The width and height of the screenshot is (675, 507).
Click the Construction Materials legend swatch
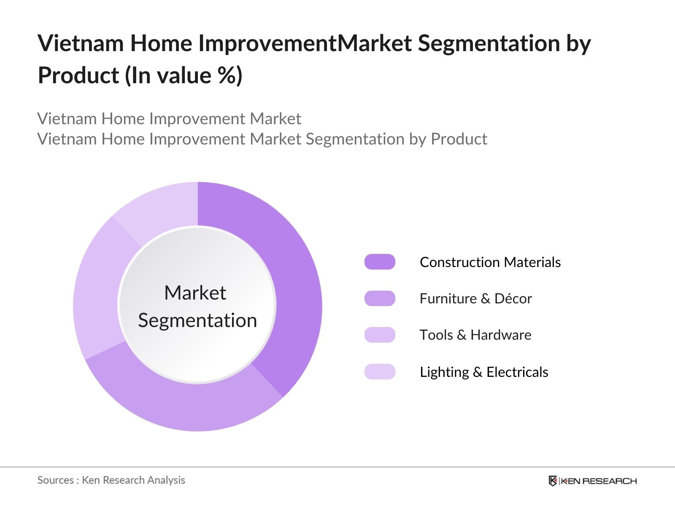[380, 262]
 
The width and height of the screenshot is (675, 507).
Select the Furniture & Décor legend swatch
[380, 298]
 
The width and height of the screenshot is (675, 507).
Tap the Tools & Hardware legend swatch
[380, 335]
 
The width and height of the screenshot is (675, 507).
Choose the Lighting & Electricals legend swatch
[380, 372]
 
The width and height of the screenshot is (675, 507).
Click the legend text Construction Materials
[490, 262]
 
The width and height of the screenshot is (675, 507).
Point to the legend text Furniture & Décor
[475, 298]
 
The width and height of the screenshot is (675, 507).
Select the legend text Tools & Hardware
[475, 335]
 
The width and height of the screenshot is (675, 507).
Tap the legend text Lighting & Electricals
[484, 372]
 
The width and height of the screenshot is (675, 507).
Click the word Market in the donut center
[195, 293]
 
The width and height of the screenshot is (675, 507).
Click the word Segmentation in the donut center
[197, 320]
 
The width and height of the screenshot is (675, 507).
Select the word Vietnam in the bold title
[80, 44]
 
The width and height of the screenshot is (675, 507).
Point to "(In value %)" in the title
[184, 76]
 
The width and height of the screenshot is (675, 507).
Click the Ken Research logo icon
[553, 481]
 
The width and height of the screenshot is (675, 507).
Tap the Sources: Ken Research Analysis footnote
[111, 480]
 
